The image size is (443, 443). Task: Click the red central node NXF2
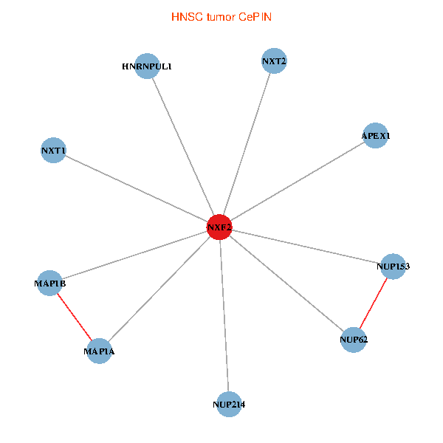[219, 227]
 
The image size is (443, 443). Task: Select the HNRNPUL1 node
[148, 66]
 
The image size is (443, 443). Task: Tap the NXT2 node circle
[274, 61]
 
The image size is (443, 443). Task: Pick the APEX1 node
[376, 136]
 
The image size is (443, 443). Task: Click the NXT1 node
[54, 151]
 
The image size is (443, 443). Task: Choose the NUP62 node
[354, 340]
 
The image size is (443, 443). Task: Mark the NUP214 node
[229, 404]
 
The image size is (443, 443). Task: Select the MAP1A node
[100, 351]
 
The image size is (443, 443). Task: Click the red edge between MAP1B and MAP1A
[75, 317]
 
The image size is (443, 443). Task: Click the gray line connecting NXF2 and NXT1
[137, 189]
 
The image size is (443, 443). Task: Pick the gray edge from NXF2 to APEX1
[298, 182]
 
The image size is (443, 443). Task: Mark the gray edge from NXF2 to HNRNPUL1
[184, 147]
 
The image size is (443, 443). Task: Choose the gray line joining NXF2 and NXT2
[247, 144]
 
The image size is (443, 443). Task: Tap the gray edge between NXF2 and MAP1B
[135, 255]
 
